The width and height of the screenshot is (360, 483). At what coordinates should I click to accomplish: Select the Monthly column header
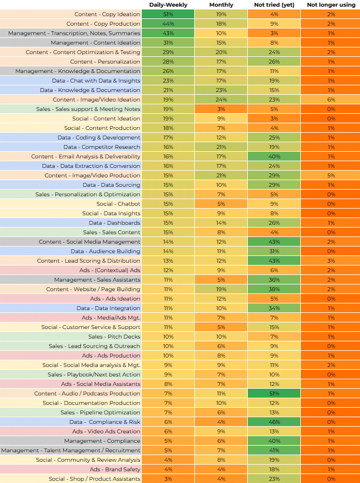(x=221, y=5)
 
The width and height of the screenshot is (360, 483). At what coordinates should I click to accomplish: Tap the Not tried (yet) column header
(x=274, y=5)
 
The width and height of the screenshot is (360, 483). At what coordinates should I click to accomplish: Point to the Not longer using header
(x=331, y=5)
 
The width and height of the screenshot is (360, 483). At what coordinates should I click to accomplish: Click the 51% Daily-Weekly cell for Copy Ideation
(x=168, y=15)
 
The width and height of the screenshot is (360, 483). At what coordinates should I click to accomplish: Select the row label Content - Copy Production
(x=103, y=24)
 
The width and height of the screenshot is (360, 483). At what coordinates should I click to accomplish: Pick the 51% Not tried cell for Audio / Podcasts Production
(x=274, y=393)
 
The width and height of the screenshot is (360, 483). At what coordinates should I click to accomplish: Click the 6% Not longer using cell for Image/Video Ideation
(x=331, y=100)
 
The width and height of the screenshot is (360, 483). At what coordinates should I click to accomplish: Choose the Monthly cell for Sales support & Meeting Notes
(x=221, y=109)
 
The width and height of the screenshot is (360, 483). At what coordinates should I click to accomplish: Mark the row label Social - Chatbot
(x=118, y=204)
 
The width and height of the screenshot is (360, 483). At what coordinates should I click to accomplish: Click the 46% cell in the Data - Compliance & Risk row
(x=274, y=422)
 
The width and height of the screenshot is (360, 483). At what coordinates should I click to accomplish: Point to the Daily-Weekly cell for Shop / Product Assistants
(x=168, y=479)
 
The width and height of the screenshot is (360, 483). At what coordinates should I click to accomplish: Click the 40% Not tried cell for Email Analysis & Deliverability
(x=274, y=157)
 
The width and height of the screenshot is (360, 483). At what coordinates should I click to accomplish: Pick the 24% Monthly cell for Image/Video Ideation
(x=221, y=100)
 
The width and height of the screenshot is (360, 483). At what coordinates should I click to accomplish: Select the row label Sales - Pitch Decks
(x=114, y=337)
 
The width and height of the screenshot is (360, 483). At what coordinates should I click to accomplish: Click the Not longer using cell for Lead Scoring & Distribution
(x=331, y=261)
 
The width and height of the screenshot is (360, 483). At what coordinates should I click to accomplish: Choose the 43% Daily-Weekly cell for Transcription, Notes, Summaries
(x=168, y=33)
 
